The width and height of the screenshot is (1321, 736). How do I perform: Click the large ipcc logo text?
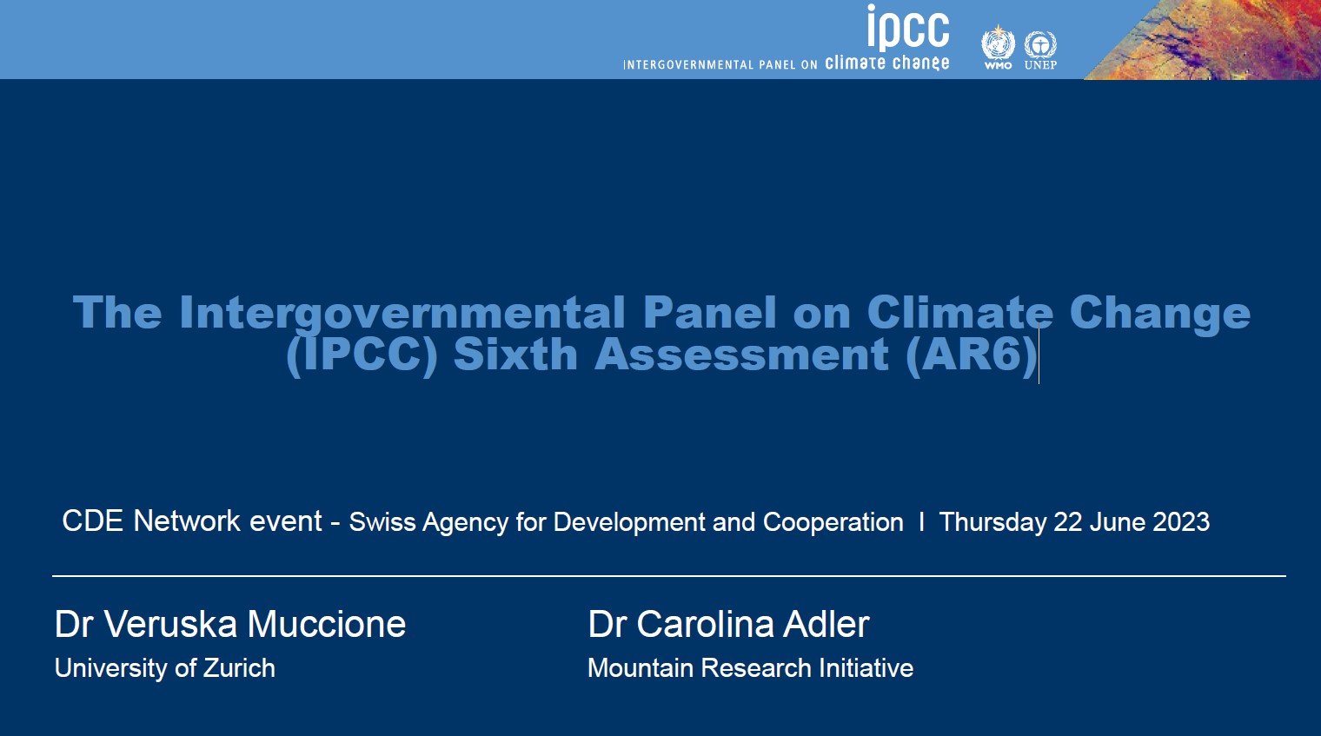pyautogui.click(x=908, y=28)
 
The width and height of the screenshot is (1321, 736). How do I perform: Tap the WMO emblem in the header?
pyautogui.click(x=998, y=46)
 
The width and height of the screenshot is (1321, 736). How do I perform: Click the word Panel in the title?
pyautogui.click(x=709, y=313)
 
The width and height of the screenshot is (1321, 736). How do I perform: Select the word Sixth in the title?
pyautogui.click(x=515, y=355)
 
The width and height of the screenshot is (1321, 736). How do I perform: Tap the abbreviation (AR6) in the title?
pyautogui.click(x=972, y=355)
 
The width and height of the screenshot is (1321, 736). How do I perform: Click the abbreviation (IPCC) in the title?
pyautogui.click(x=362, y=355)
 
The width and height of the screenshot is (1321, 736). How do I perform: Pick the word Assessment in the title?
pyautogui.click(x=742, y=355)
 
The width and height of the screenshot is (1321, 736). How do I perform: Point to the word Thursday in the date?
pyautogui.click(x=992, y=522)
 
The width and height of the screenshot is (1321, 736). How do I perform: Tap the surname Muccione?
pyautogui.click(x=326, y=625)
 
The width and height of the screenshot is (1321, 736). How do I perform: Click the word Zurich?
pyautogui.click(x=239, y=668)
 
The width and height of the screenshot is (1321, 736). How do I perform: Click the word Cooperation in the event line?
pyautogui.click(x=833, y=523)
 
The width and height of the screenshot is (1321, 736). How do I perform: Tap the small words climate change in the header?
pyautogui.click(x=886, y=63)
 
